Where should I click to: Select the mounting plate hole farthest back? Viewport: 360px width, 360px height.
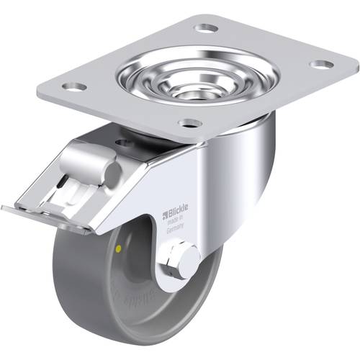point(207,28)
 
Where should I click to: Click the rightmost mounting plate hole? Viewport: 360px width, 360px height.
point(321,65)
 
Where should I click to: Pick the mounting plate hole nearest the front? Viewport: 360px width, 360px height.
point(189,123)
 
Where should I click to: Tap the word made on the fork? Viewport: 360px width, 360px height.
point(173,219)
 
